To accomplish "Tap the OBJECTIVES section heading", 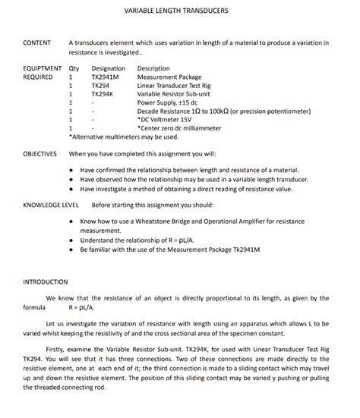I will pyautogui.click(x=40, y=154).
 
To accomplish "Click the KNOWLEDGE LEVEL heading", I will pyautogui.click(x=51, y=205).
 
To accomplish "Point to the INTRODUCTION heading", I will pyautogui.click(x=46, y=282).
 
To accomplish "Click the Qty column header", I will pyautogui.click(x=74, y=69).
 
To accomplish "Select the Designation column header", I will pyautogui.click(x=108, y=69).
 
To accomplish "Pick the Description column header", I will pyautogui.click(x=153, y=69).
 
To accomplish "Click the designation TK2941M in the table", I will pyautogui.click(x=106, y=77).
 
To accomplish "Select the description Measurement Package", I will pyautogui.click(x=169, y=77).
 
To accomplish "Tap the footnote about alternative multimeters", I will pyautogui.click(x=124, y=137).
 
